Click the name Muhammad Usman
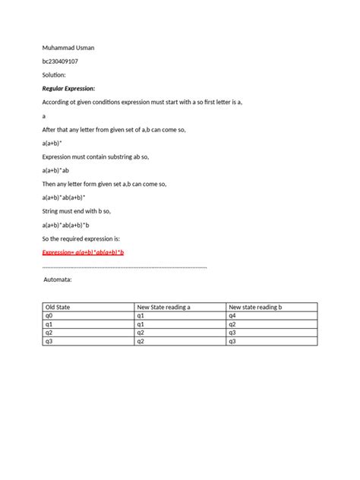(x=68, y=48)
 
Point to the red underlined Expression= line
(x=83, y=252)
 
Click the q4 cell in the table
(x=232, y=315)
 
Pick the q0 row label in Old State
(x=49, y=315)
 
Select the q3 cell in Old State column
(x=49, y=341)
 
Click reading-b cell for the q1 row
(x=232, y=324)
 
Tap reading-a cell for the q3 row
(x=141, y=341)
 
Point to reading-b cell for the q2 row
(x=232, y=333)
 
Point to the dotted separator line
(x=125, y=267)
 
